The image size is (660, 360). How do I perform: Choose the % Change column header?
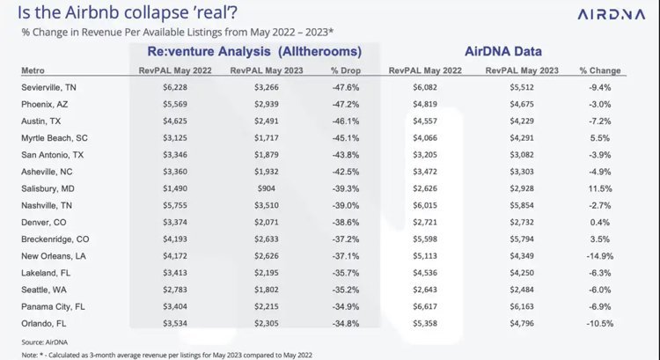coord(600,70)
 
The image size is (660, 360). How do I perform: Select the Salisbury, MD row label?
coord(47,188)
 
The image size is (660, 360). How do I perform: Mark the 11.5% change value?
coord(600,188)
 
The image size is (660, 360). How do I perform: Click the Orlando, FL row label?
coord(43,324)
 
